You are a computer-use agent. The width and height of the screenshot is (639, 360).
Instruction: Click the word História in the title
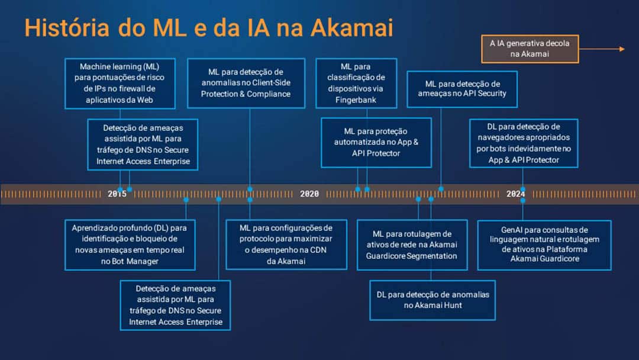(x=67, y=28)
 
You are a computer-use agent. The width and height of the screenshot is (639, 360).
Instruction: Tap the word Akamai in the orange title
(x=352, y=28)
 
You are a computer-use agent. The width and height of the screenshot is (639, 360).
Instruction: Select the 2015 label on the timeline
(x=117, y=194)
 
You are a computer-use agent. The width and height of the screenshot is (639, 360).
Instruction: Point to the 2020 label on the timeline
(x=309, y=194)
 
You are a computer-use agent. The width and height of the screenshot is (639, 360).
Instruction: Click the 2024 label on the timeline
(x=515, y=194)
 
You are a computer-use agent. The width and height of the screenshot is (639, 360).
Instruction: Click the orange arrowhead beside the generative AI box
(x=622, y=49)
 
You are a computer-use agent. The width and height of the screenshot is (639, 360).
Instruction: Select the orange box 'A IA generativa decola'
(x=530, y=49)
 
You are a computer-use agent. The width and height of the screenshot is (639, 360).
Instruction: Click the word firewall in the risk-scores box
(x=125, y=88)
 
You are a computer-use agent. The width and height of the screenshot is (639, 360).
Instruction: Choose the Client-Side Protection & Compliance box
(x=246, y=83)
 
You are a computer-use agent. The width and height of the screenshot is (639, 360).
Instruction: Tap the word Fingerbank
(x=356, y=100)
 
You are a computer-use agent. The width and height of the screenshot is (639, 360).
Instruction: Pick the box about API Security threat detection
(x=462, y=89)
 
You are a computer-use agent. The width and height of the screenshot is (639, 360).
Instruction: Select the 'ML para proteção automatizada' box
(x=376, y=143)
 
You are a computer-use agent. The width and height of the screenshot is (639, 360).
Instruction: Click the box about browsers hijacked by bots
(x=524, y=143)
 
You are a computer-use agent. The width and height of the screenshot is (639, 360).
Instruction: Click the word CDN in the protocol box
(x=318, y=250)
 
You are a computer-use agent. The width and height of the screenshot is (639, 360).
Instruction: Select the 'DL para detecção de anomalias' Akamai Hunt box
(x=433, y=300)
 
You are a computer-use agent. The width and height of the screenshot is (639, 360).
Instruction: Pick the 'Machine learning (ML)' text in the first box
(x=120, y=66)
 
